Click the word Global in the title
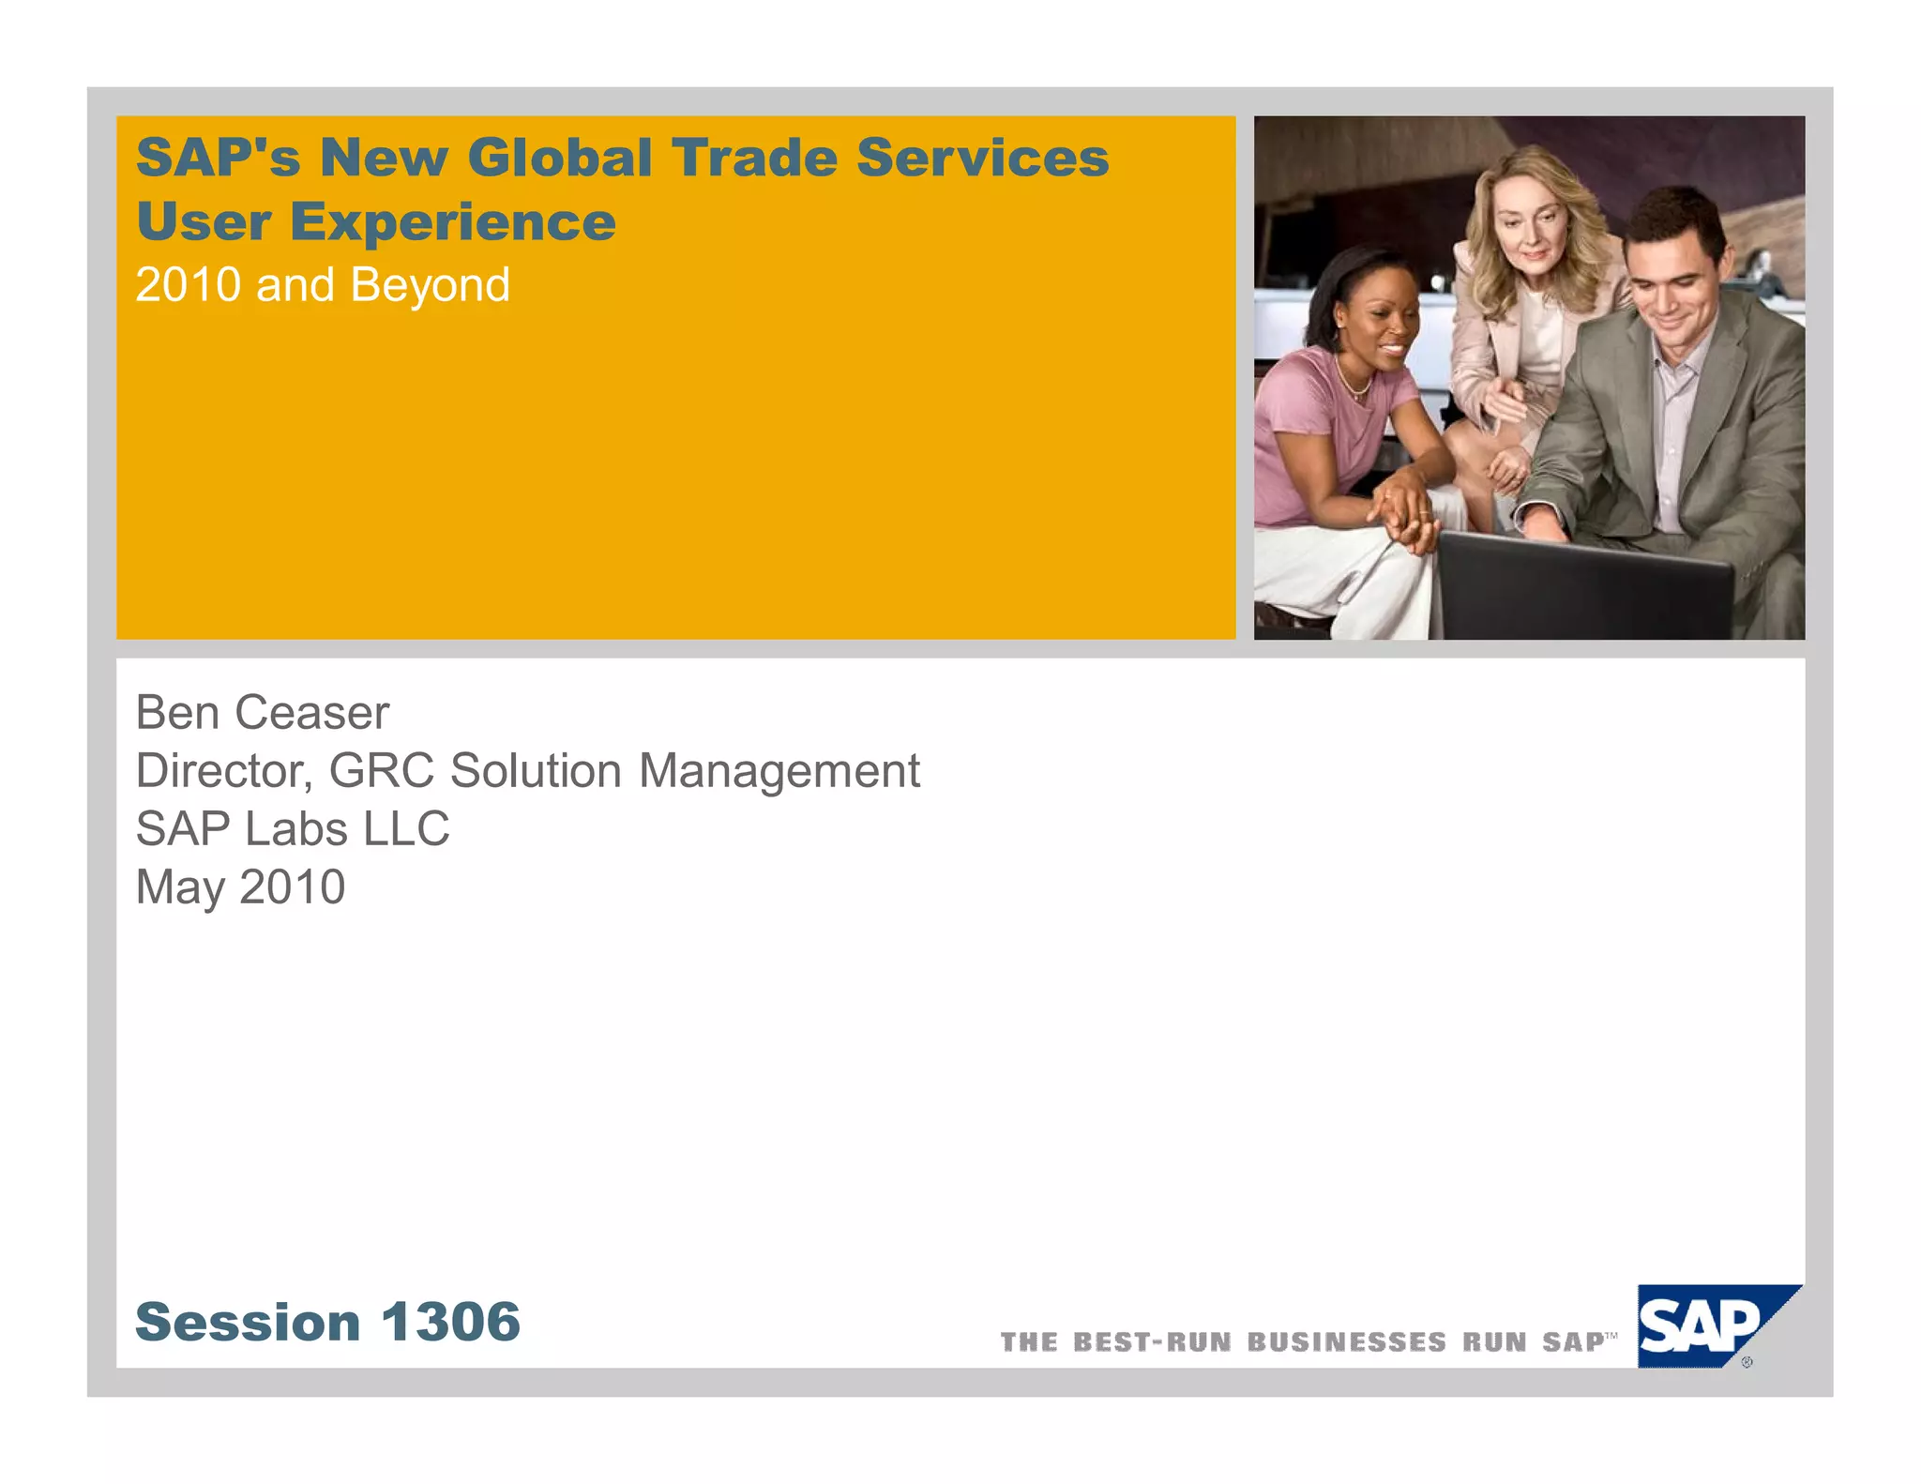(x=559, y=158)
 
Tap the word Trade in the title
(x=753, y=158)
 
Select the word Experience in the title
(x=452, y=223)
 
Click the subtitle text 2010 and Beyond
(x=323, y=285)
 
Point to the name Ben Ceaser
(x=262, y=713)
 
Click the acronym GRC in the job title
(x=381, y=771)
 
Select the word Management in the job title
(x=779, y=771)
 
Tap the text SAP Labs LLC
(x=293, y=829)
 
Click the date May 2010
(x=240, y=887)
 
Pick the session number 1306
(x=450, y=1323)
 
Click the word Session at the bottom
(x=248, y=1323)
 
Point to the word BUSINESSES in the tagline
(x=1346, y=1342)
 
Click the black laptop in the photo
(x=1585, y=586)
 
